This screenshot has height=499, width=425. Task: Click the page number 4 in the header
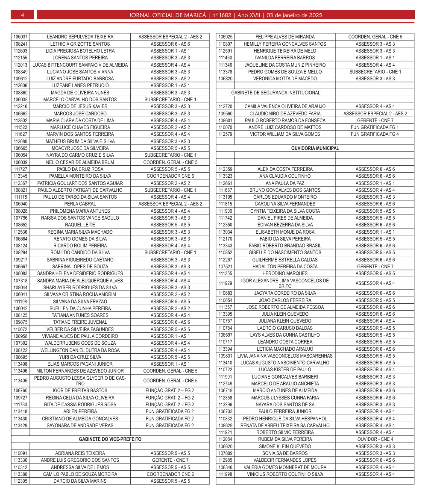pos(22,15)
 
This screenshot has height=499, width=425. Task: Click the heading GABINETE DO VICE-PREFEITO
pos(110,439)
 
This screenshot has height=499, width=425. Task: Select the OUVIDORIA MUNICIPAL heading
pos(315,148)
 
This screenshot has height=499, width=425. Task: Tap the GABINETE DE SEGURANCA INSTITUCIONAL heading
pos(276,93)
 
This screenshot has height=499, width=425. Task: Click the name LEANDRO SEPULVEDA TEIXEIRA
pos(80,37)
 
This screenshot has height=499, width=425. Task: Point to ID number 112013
pos(21,65)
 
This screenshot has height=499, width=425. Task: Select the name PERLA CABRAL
pos(80,204)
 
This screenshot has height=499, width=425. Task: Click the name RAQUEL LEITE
pos(80,225)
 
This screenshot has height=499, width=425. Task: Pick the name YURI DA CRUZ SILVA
pos(80,357)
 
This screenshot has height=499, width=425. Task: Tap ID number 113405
pos(21,381)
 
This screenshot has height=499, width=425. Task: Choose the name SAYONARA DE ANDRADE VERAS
pos(80,426)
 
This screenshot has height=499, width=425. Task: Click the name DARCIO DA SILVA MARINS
pos(80,481)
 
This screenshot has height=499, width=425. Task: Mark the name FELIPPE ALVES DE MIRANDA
pos(285,37)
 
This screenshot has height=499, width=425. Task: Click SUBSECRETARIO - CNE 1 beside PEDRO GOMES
pos(375,72)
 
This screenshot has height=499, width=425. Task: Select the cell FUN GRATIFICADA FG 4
pos(375,134)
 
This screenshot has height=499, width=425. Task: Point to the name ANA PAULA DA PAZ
pos(285,183)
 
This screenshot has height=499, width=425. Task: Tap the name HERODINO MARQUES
pos(285,273)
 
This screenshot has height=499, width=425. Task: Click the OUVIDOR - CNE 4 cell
pos(375,439)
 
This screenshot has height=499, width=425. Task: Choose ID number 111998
pos(225,474)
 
